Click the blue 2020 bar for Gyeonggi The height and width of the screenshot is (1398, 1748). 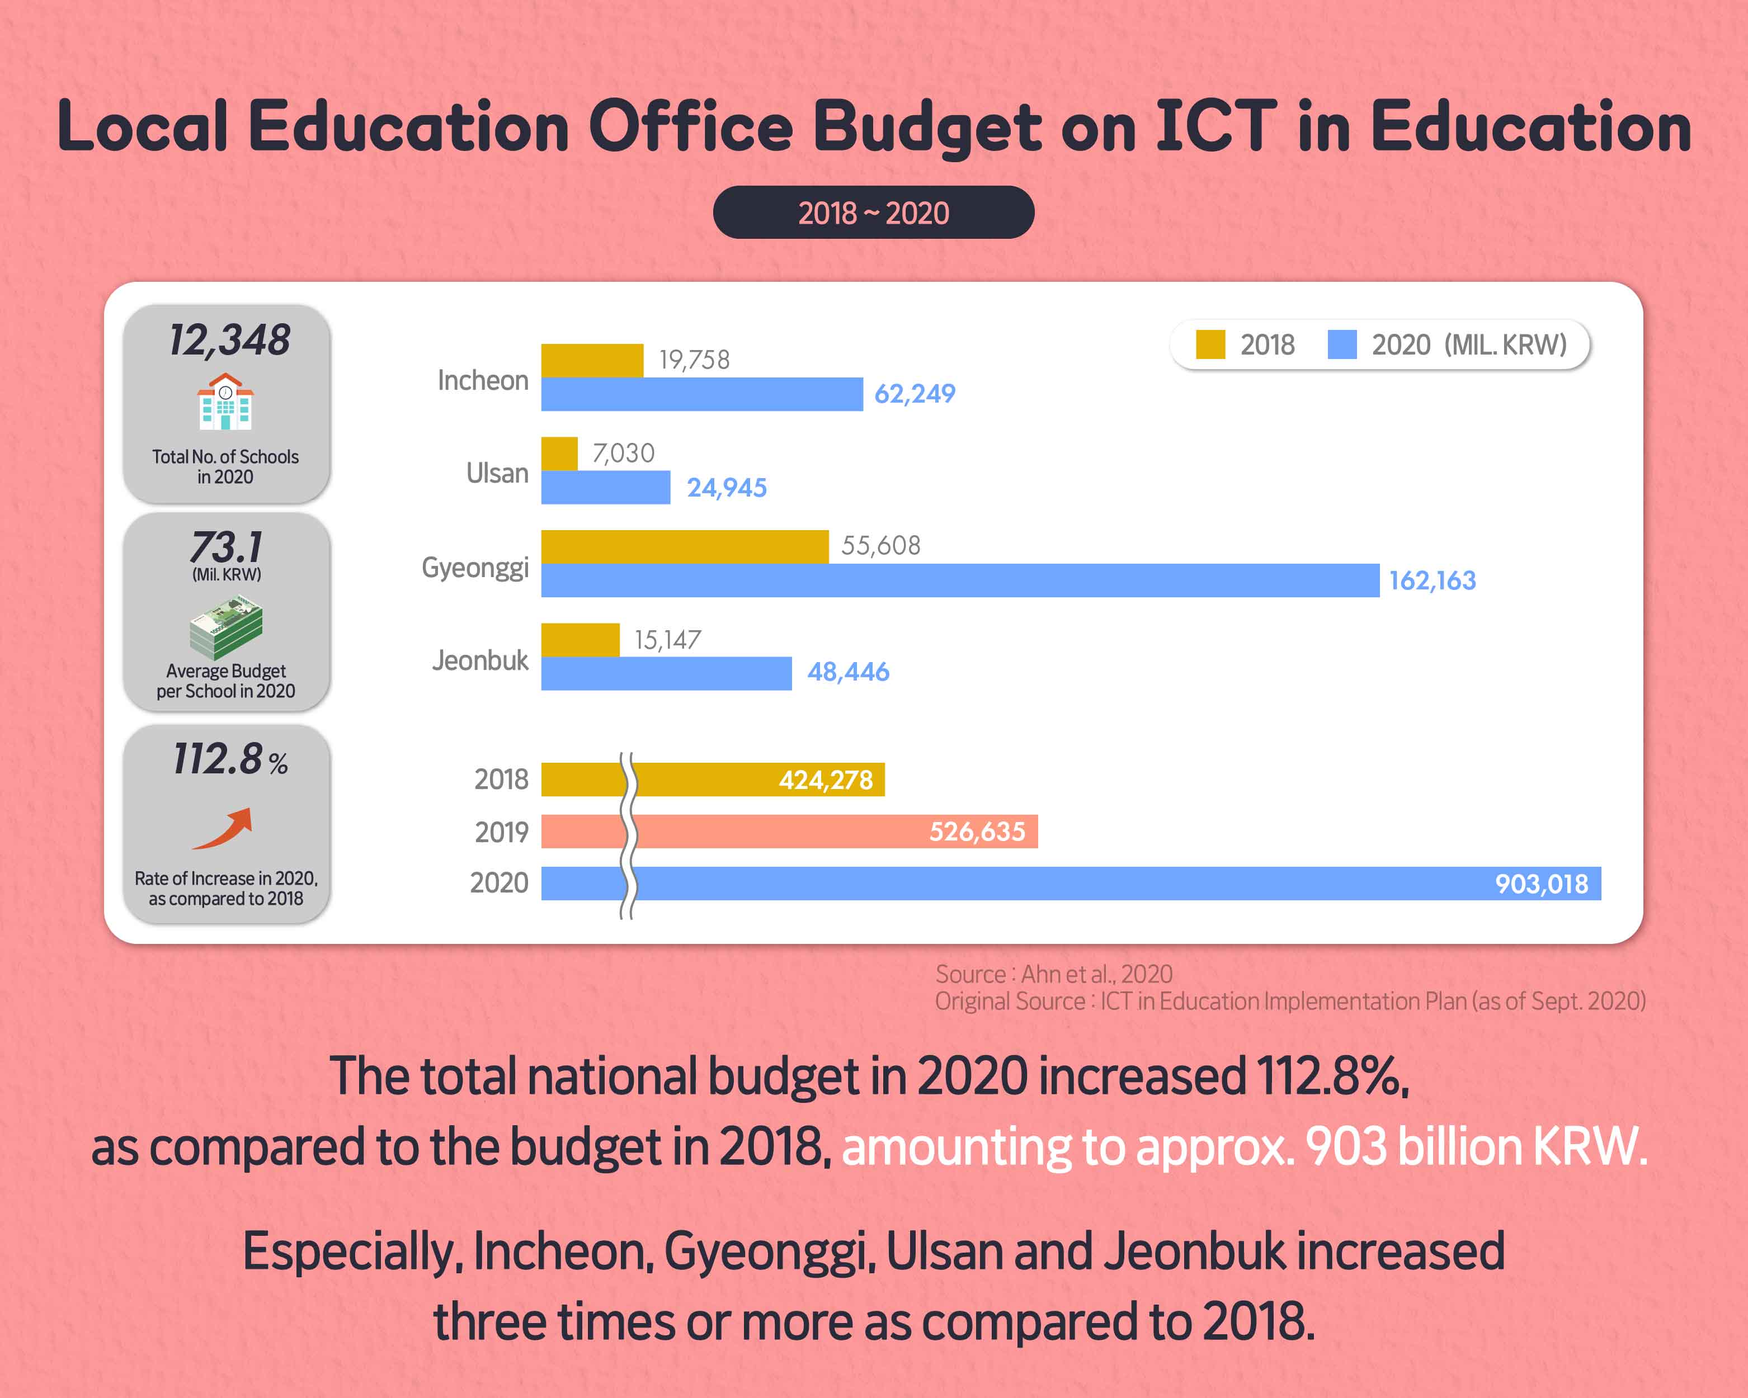point(960,580)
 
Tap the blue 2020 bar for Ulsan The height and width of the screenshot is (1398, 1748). point(606,487)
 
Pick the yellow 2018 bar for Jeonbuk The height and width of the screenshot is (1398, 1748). point(579,639)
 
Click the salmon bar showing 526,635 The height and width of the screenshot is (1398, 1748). point(789,832)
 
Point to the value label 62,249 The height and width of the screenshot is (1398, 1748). point(915,394)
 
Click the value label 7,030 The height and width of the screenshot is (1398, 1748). point(623,453)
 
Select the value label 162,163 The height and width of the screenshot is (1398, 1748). point(1432,580)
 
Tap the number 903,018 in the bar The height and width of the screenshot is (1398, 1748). point(1541,884)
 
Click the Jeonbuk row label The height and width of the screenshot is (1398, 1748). point(480,660)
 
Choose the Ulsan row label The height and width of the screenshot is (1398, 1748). point(497,473)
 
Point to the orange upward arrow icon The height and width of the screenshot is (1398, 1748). point(224,828)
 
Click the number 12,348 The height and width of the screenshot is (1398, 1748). point(229,339)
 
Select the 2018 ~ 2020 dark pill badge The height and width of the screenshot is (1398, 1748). point(873,212)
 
